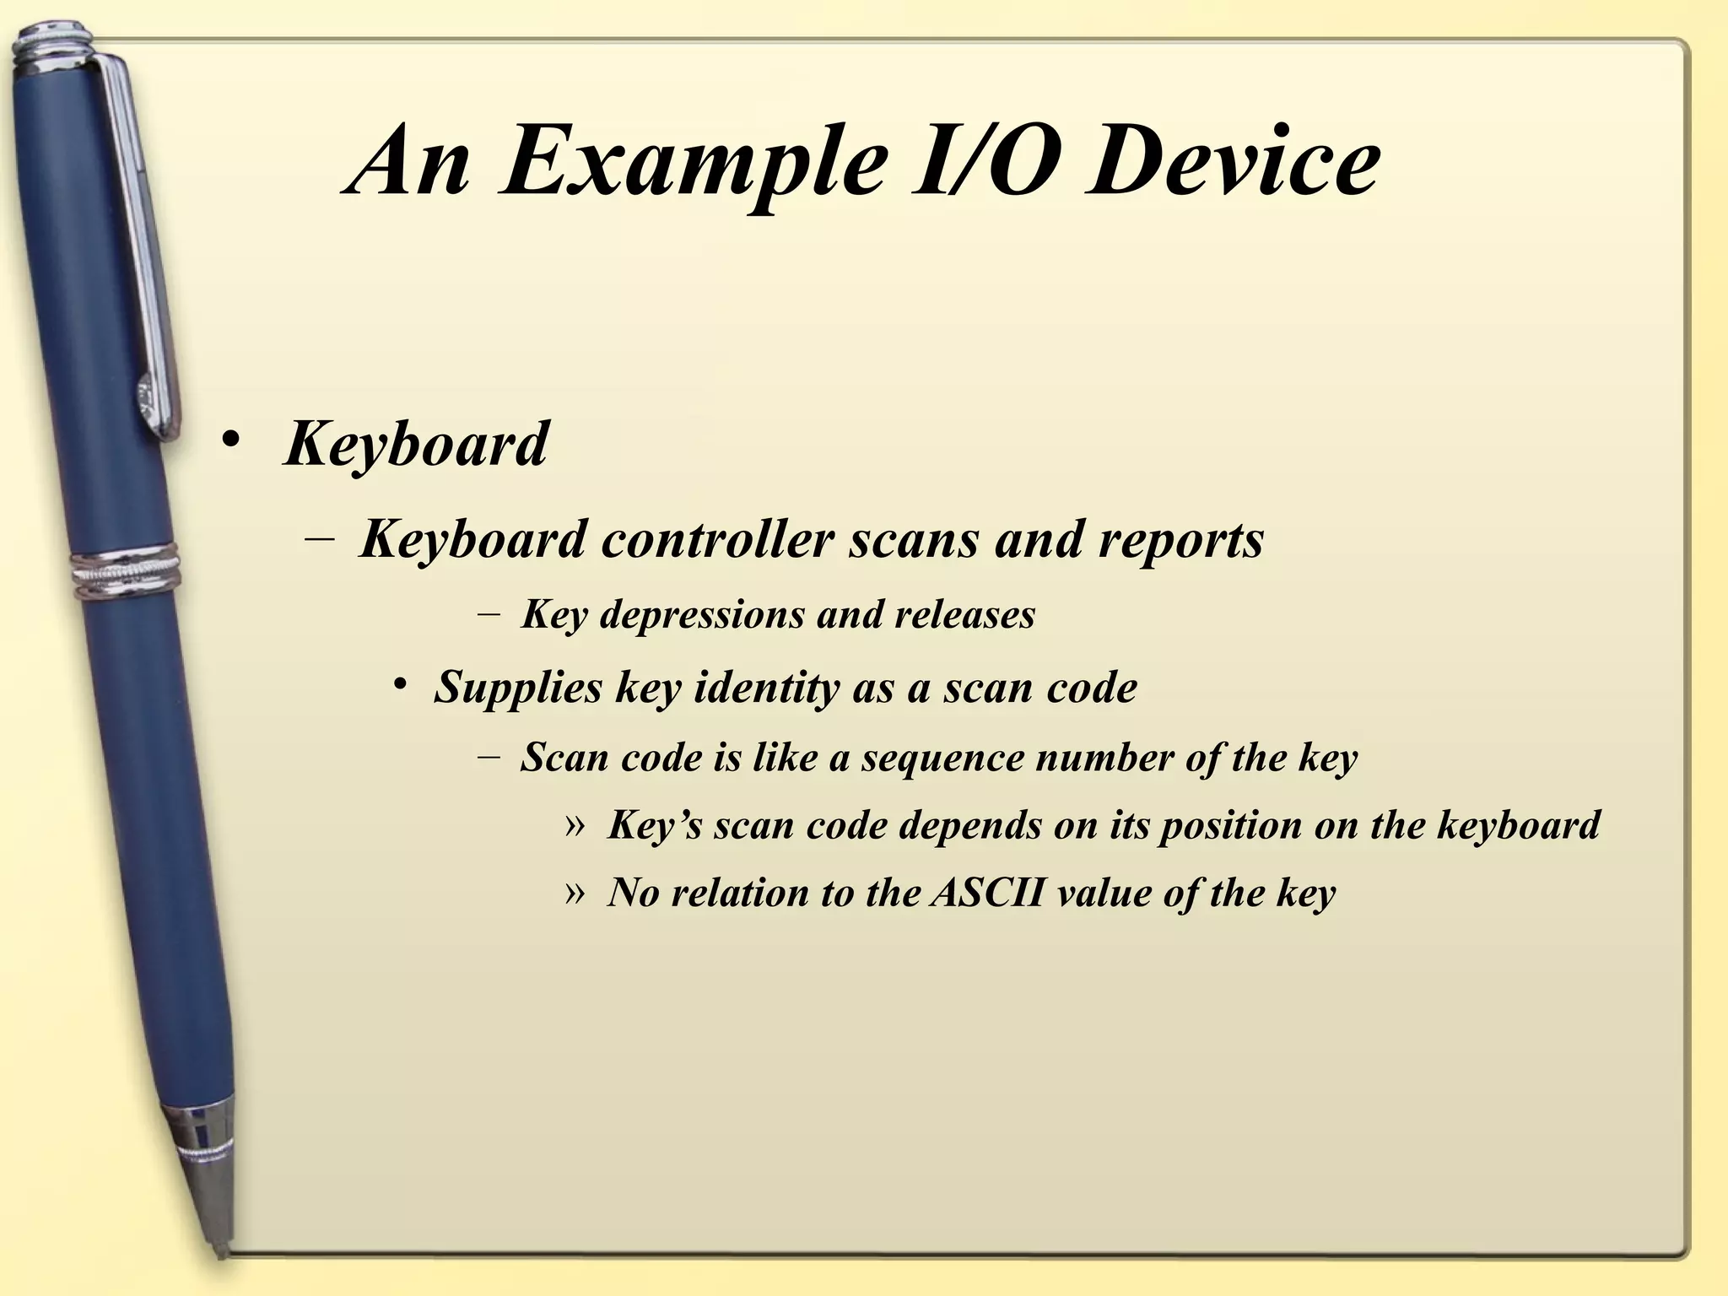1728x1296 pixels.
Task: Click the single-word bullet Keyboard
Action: click(416, 444)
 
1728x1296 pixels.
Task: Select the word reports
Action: click(1180, 540)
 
